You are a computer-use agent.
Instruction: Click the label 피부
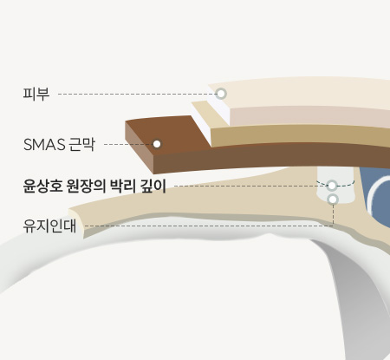pos(36,94)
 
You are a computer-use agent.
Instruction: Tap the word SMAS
pos(44,145)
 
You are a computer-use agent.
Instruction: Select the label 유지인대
pos(49,226)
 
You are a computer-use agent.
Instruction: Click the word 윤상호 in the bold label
pos(42,186)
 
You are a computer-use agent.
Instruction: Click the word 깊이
pos(153,186)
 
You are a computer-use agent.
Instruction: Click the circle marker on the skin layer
pos(221,94)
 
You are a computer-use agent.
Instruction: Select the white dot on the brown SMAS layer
pos(157,144)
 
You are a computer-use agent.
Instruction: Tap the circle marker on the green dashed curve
pos(332,186)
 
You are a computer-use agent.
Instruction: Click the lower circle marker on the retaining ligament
pos(333,200)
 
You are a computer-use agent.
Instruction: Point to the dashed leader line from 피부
pos(137,94)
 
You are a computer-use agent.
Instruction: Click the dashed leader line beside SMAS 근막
pos(128,144)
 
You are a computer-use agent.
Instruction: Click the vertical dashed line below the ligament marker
pos(333,215)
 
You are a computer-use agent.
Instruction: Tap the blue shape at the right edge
pos(375,197)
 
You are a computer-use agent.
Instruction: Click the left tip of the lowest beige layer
pos(69,209)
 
